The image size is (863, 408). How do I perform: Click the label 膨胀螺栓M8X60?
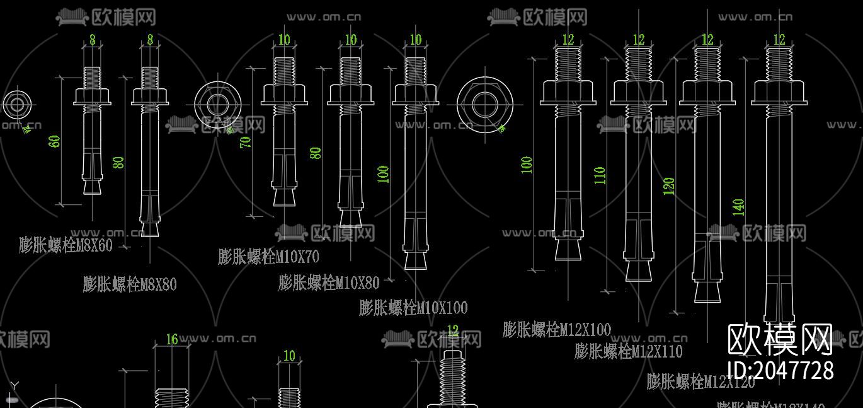66,245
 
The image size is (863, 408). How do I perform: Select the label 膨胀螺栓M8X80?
130,284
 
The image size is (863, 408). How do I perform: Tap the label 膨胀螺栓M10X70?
268,257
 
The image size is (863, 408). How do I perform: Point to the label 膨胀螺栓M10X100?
413,308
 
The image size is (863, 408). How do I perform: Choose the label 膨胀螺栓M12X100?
557,329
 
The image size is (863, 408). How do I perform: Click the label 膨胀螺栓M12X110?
628,351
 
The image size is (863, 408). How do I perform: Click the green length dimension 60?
55,141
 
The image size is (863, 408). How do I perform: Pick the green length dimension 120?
669,185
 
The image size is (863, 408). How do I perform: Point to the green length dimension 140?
739,207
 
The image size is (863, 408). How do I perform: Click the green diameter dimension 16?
172,339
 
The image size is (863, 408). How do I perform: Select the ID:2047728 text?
780,370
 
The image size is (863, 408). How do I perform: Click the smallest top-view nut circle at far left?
16,105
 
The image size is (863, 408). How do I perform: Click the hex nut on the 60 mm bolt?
93,96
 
